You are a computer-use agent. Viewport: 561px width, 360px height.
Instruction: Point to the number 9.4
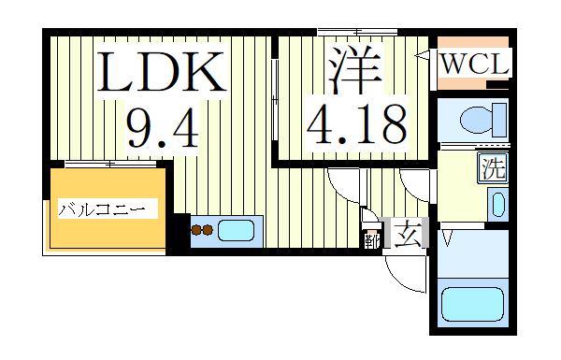pyautogui.click(x=161, y=126)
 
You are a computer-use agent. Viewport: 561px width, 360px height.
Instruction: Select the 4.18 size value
pyautogui.click(x=356, y=122)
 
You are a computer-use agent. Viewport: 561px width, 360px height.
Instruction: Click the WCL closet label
pyautogui.click(x=473, y=66)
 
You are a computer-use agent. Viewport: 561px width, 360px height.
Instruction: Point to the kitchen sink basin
pyautogui.click(x=238, y=230)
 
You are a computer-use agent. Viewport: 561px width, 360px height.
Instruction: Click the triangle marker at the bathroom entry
pyautogui.click(x=446, y=239)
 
